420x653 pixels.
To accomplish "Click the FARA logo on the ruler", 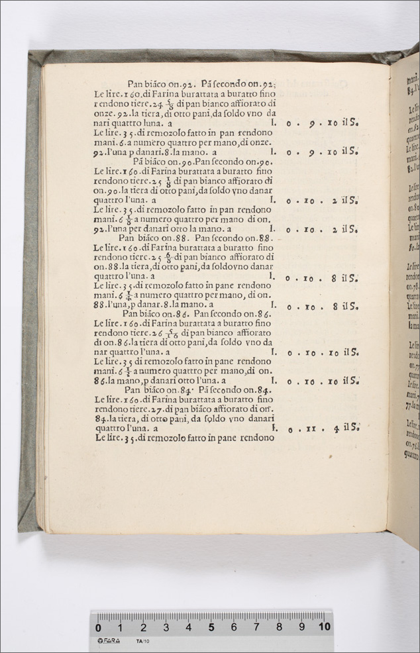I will click(109, 641).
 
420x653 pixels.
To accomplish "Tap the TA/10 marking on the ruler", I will click(142, 641).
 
